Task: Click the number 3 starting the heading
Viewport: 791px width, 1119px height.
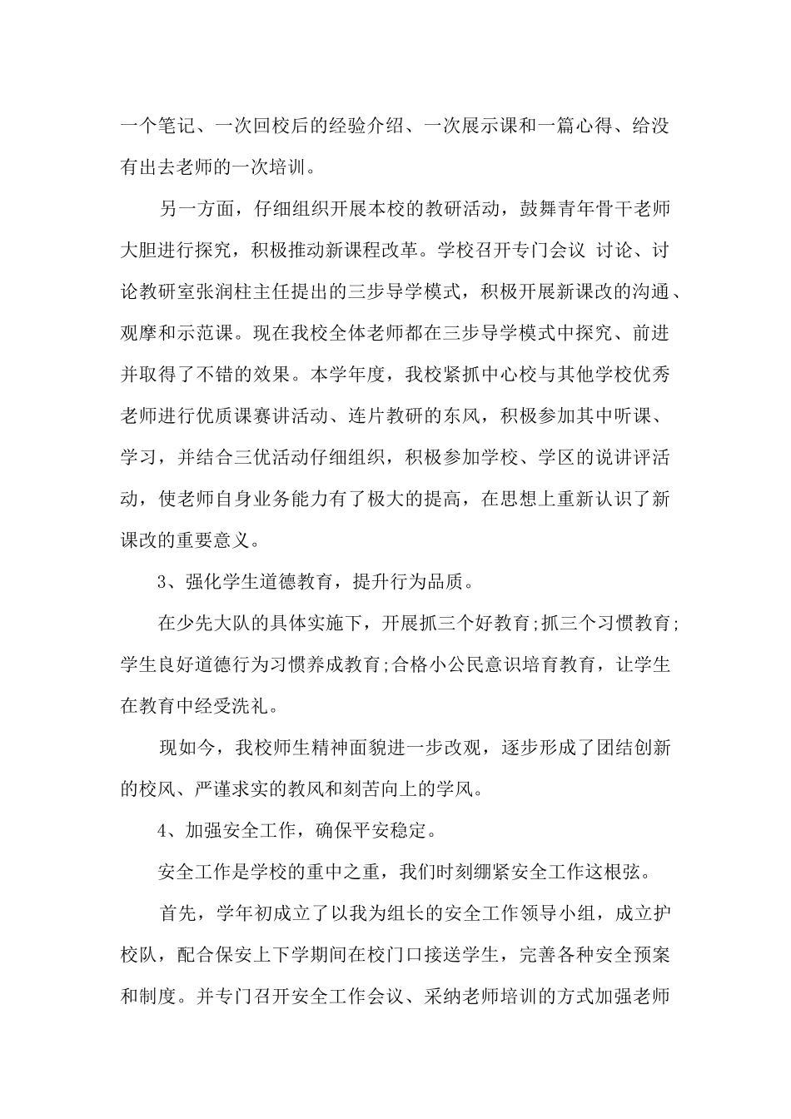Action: (163, 582)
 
